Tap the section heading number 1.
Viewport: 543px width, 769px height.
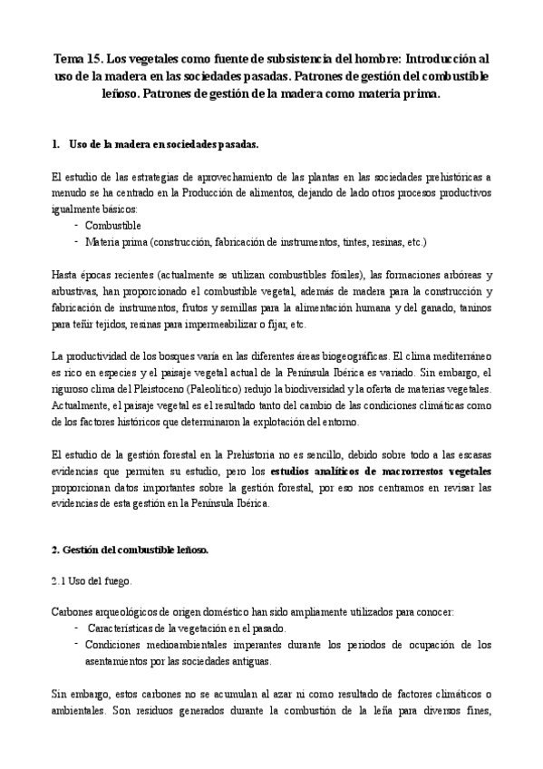(56, 143)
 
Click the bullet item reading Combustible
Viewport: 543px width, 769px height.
(112, 225)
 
